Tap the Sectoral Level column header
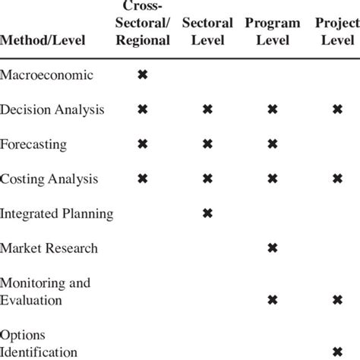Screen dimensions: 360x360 (x=207, y=31)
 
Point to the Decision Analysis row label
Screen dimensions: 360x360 (x=52, y=110)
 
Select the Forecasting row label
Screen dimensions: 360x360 (x=34, y=144)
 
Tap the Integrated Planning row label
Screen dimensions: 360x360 (x=57, y=213)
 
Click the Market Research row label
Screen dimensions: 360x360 (x=49, y=248)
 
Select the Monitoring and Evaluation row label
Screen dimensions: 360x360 (x=46, y=291)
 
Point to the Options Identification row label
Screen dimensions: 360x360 (x=39, y=343)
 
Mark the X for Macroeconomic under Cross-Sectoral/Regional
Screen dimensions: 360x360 (x=141, y=75)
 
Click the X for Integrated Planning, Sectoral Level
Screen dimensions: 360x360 (x=207, y=213)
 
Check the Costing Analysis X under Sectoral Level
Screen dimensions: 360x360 (x=207, y=179)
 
